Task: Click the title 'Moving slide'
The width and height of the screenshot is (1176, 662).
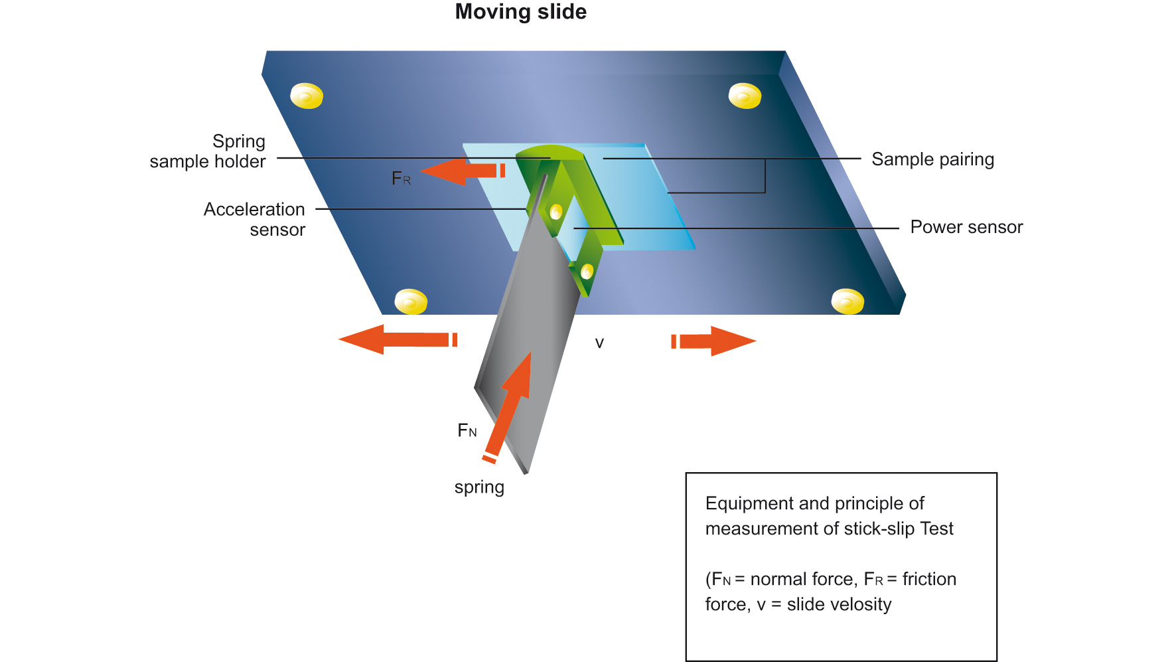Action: pyautogui.click(x=520, y=12)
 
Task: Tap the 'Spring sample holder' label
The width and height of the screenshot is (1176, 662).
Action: pyautogui.click(x=208, y=151)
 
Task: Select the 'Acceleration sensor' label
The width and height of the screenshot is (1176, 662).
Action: pyautogui.click(x=254, y=219)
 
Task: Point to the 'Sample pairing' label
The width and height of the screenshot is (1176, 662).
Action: pyautogui.click(x=932, y=159)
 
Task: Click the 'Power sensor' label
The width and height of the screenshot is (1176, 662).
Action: pyautogui.click(x=966, y=227)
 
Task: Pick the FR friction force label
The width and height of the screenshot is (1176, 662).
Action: pyautogui.click(x=401, y=179)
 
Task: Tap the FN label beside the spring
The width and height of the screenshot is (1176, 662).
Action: pyautogui.click(x=467, y=431)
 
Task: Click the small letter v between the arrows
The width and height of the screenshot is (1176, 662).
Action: pyautogui.click(x=599, y=343)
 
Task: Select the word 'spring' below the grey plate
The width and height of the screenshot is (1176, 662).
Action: pyautogui.click(x=479, y=487)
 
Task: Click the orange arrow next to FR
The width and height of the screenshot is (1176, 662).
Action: pyautogui.click(x=462, y=171)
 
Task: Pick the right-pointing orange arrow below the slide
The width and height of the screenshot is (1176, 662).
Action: pyautogui.click(x=714, y=341)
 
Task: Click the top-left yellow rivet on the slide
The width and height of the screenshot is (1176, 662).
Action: pyautogui.click(x=307, y=96)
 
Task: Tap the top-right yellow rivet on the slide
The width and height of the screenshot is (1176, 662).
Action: pyautogui.click(x=745, y=96)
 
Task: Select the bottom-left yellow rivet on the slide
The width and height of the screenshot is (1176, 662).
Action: pyautogui.click(x=411, y=302)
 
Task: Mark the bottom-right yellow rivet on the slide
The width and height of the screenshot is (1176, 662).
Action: pyautogui.click(x=847, y=302)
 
